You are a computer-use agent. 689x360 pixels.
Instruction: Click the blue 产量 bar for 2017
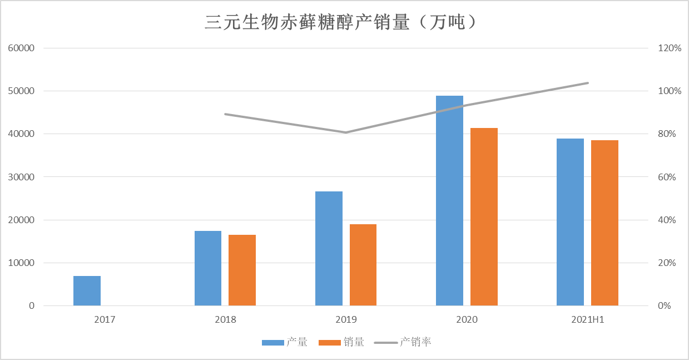pos(87,290)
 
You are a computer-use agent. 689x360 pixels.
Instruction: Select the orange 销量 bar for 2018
pos(242,270)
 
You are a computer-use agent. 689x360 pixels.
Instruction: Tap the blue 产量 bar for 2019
pos(329,248)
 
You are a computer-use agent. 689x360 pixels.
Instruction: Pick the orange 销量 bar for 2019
pos(363,265)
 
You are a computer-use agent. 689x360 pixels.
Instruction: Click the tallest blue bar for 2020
pos(449,200)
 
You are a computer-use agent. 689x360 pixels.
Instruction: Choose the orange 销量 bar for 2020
pos(484,216)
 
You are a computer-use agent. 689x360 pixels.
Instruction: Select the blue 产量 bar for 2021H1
pos(570,222)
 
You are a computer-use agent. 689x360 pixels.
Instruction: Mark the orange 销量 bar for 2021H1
pos(604,223)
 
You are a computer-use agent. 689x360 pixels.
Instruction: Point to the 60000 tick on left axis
pos(22,48)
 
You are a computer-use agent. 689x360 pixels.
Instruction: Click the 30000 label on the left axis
pos(22,177)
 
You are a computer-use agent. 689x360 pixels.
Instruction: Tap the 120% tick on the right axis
pos(670,48)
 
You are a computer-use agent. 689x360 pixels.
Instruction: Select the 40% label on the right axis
pos(668,220)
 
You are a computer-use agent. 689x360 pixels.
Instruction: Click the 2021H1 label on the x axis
pos(587,320)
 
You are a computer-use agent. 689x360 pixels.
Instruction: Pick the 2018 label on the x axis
pos(225,320)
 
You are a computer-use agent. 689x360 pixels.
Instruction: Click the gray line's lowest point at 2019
pos(346,132)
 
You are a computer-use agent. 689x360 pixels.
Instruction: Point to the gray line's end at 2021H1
pos(588,83)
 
